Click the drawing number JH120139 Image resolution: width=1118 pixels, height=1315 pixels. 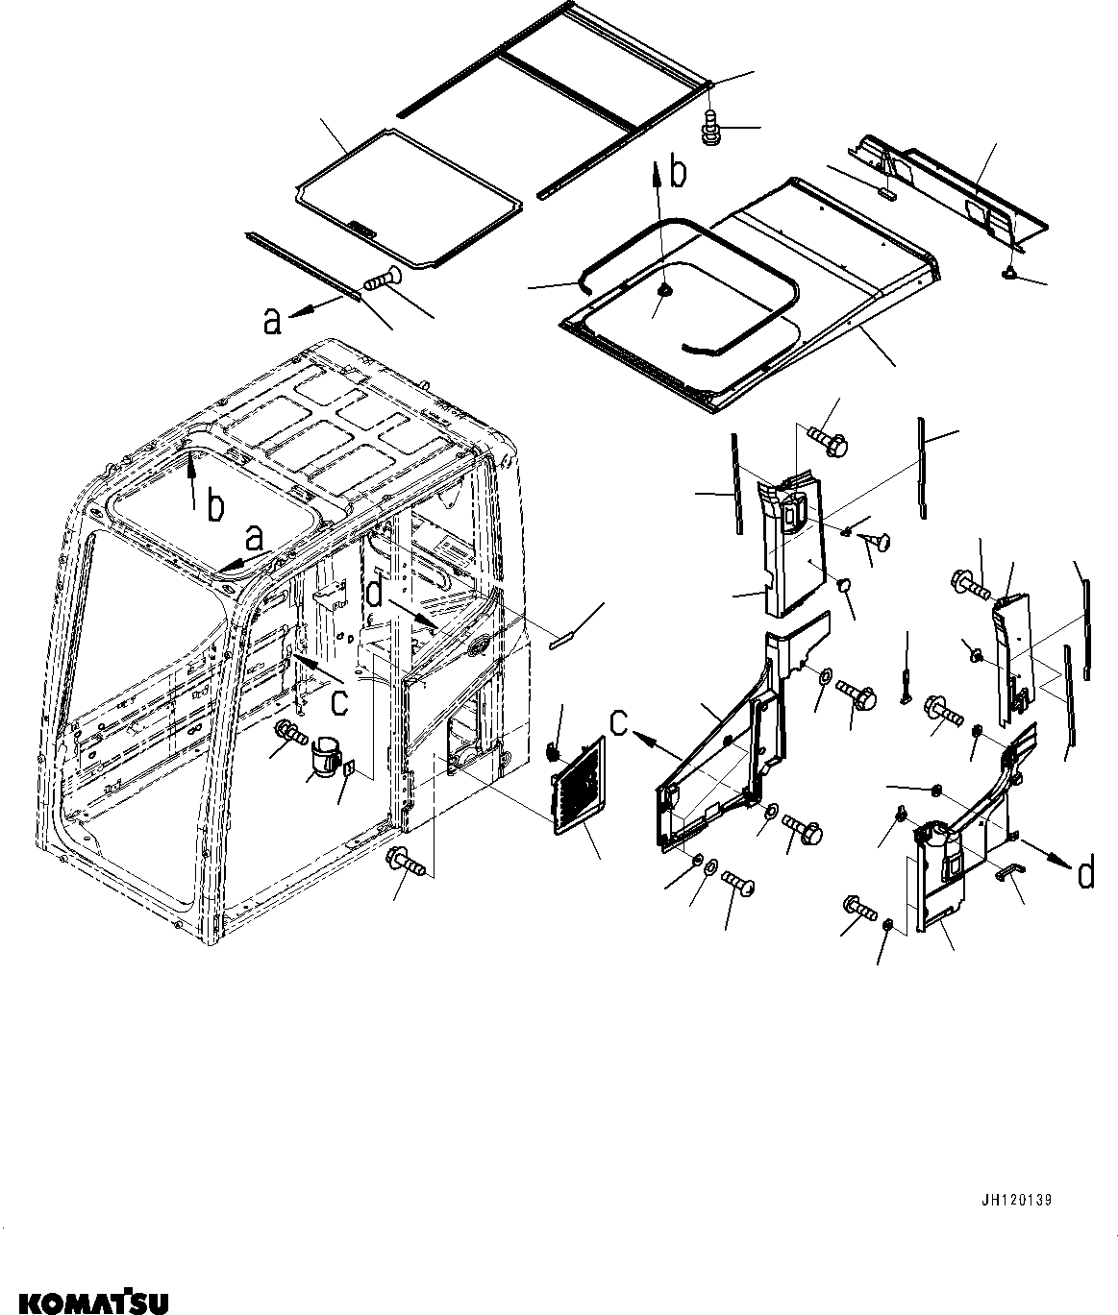click(1017, 1201)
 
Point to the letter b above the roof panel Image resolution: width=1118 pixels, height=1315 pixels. click(679, 175)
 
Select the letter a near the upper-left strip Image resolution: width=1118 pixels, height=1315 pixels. click(273, 321)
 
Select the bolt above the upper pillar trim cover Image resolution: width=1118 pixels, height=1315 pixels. click(827, 441)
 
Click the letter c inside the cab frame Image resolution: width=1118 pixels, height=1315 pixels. click(337, 702)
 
